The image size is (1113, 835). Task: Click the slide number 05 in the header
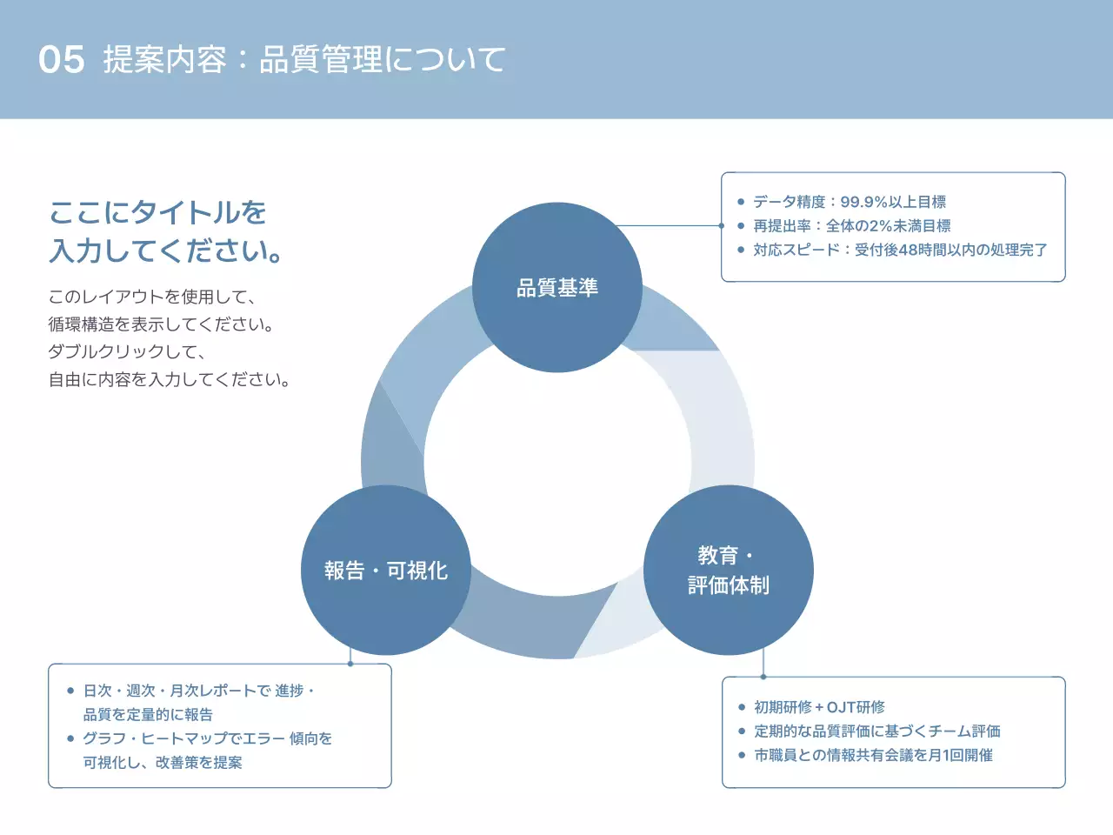tap(62, 59)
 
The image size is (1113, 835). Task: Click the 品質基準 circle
tap(556, 287)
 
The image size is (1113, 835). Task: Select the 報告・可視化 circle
tap(385, 570)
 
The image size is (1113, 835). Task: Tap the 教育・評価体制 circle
tap(728, 570)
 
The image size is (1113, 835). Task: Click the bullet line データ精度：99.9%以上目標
tap(849, 202)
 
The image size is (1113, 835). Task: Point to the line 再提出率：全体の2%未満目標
tap(851, 226)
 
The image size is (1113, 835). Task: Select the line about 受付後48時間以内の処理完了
tap(900, 250)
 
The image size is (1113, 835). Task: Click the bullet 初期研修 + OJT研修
tap(819, 707)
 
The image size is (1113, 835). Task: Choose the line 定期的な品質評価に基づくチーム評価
tap(876, 731)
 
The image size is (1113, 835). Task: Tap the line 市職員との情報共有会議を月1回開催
tap(873, 755)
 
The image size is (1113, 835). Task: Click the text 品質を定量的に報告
tap(148, 715)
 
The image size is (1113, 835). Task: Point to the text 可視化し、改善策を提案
tap(163, 763)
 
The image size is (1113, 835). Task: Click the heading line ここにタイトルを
tap(157, 212)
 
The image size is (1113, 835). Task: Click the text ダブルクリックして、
tap(128, 352)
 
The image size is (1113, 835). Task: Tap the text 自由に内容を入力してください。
tap(170, 380)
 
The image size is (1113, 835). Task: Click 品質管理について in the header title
tap(383, 59)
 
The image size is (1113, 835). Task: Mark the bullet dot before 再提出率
tap(741, 226)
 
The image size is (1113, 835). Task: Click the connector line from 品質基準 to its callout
tap(670, 225)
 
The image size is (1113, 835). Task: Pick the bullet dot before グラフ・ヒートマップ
tap(70, 738)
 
